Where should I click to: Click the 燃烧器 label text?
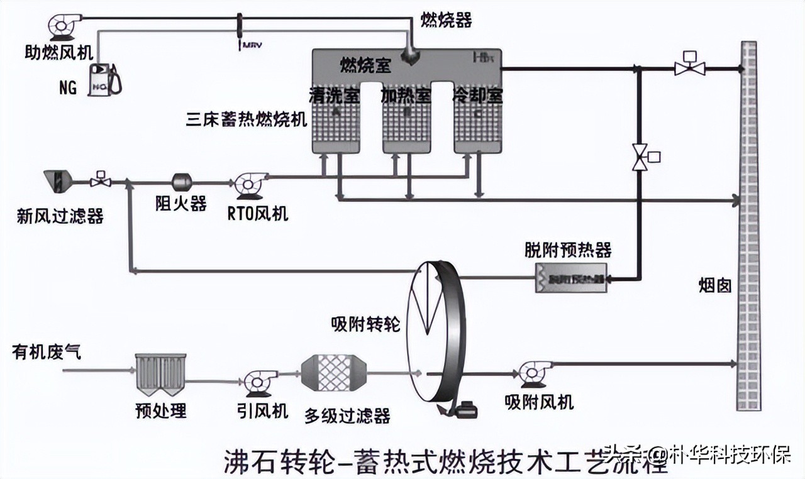point(446,21)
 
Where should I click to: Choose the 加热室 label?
point(406,96)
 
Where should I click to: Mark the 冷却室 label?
point(478,96)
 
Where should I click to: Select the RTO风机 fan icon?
point(249,184)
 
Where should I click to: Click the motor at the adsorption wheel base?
point(468,409)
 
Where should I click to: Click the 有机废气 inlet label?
point(46,352)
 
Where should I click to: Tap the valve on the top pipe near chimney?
point(689,66)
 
